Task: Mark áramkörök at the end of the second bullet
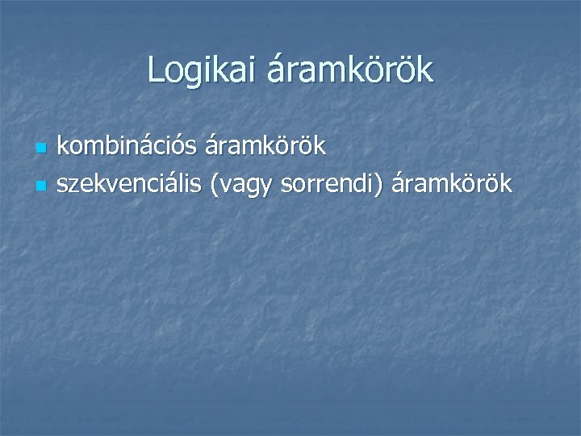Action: coord(452,184)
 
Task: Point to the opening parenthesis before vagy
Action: coord(213,185)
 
